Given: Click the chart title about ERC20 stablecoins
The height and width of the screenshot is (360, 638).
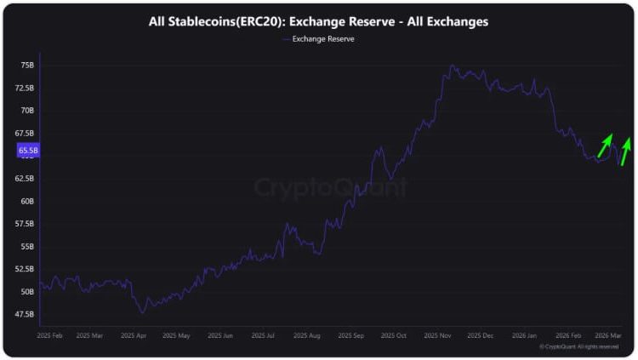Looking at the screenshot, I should [318, 21].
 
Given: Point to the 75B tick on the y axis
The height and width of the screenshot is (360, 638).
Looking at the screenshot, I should [27, 66].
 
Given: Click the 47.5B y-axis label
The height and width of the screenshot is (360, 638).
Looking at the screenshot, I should [25, 314].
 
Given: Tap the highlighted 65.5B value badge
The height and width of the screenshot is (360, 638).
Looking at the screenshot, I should [27, 150].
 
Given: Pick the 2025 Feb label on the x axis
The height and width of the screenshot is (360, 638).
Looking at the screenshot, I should [51, 336].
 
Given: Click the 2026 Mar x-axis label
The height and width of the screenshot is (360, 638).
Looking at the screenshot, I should [608, 336].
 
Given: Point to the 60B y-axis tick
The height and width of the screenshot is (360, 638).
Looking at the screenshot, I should [27, 202].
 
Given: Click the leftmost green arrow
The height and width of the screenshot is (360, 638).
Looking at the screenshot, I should [605, 145].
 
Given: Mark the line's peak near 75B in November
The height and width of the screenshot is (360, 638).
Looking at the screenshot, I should [451, 66].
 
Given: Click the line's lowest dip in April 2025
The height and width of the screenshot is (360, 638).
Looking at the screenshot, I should [141, 312].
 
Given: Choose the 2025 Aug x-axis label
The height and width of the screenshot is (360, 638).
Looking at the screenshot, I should [308, 336].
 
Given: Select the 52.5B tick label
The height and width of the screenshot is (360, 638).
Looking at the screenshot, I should [25, 269].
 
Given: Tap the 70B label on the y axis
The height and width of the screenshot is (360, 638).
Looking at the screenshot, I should [27, 111].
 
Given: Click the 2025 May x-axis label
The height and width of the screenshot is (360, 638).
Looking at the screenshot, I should [176, 336].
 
